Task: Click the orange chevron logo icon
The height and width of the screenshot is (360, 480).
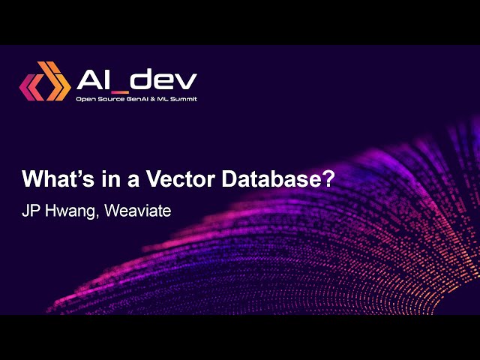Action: click(x=44, y=82)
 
